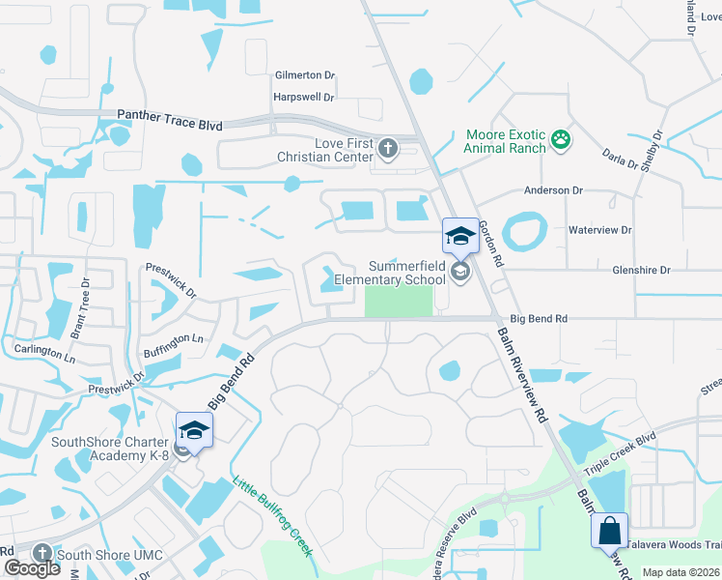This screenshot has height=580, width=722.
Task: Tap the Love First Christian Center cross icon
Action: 387,149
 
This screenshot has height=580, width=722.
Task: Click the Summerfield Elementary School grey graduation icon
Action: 460,274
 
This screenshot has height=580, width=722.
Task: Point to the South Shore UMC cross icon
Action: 42,553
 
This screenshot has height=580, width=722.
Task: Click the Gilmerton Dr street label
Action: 304,74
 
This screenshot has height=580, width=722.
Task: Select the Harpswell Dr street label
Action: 304,98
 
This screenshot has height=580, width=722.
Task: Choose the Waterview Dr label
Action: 599,230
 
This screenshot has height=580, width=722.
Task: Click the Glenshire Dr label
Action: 639,271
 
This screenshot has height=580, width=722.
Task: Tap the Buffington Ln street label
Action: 174,339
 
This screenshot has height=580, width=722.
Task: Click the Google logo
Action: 32,568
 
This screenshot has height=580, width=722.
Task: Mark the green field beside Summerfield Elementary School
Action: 398,301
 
